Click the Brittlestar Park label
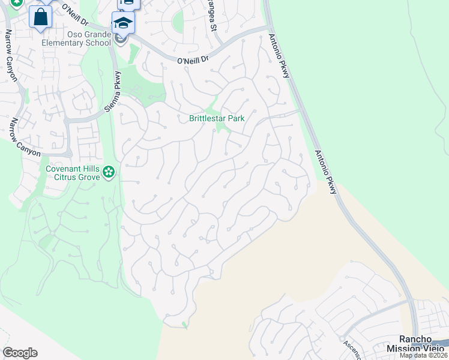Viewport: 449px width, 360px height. pos(217,119)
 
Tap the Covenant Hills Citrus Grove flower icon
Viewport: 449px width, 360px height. pos(109,173)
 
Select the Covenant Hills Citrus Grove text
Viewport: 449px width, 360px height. pos(72,173)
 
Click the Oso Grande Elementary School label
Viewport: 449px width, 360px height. pos(76,38)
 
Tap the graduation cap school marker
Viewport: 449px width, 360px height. pos(123,23)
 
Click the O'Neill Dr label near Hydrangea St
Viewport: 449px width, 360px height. pos(193,59)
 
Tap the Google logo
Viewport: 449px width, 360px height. pos(20,353)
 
